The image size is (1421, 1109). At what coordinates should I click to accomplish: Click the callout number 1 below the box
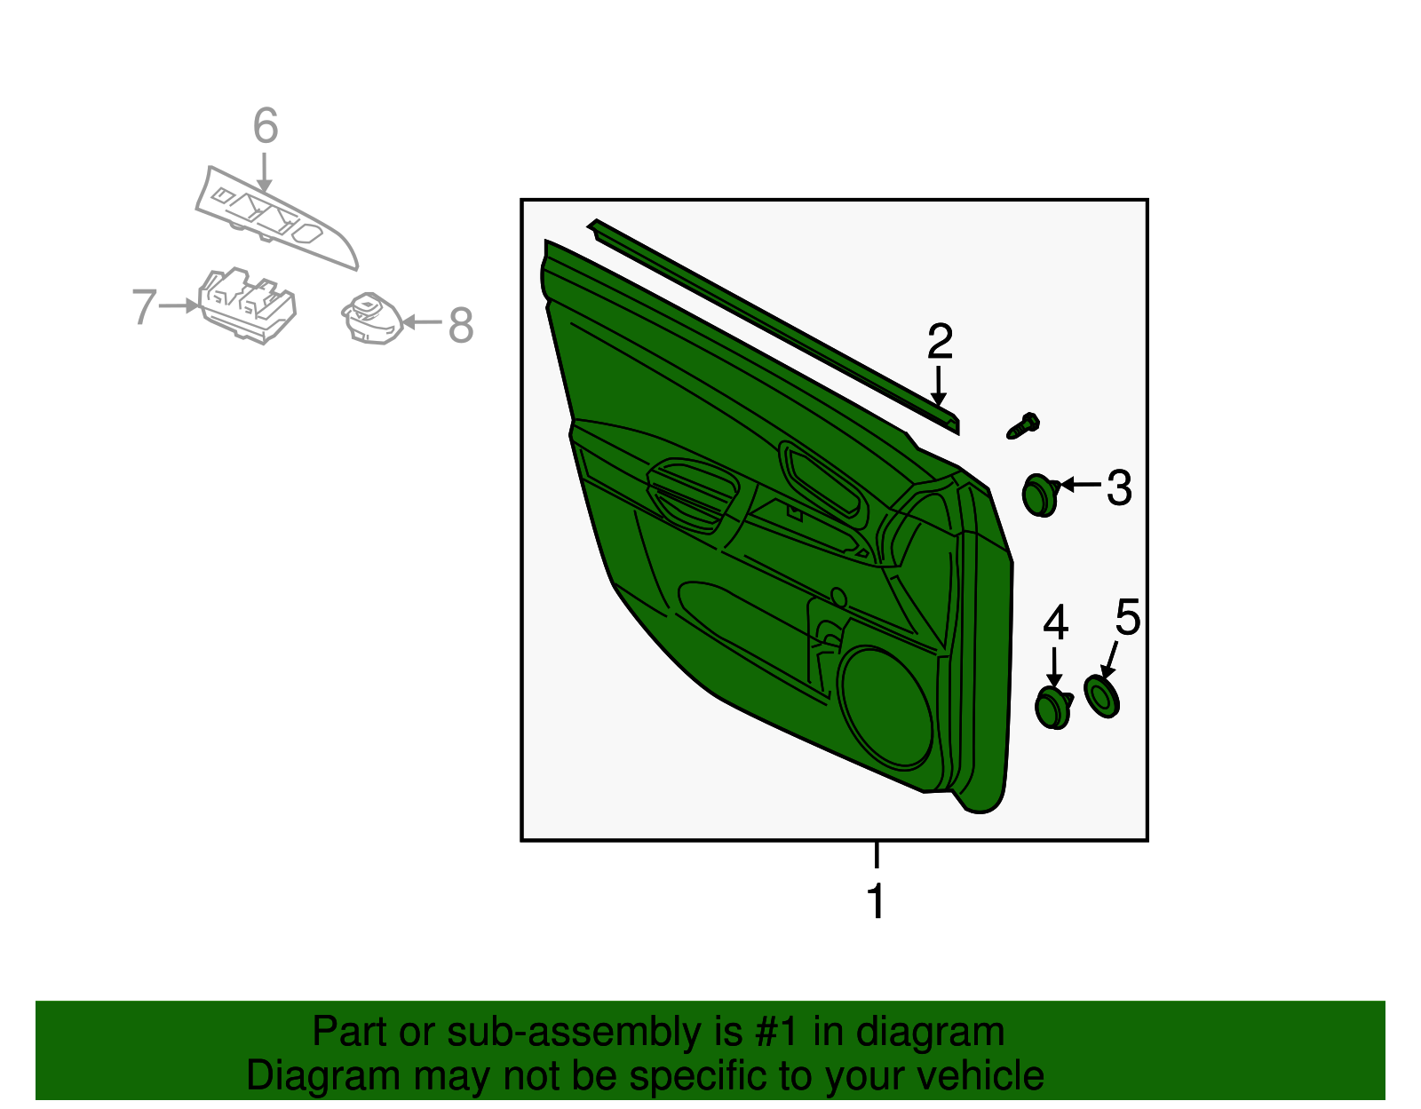click(876, 901)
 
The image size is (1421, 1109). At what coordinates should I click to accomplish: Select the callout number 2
click(940, 342)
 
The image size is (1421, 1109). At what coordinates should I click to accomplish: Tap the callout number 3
click(1119, 488)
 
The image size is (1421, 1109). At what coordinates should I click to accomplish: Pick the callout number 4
click(1055, 623)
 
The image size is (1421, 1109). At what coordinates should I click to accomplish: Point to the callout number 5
click(1127, 617)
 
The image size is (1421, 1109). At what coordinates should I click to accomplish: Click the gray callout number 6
click(266, 126)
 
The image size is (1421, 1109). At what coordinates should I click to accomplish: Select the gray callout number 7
click(144, 307)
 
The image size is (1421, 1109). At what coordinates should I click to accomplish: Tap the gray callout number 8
click(460, 325)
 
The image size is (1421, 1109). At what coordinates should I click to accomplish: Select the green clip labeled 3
click(1038, 495)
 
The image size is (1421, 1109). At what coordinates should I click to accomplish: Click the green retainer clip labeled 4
click(1053, 708)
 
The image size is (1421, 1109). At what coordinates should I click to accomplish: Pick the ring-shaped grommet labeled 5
click(1102, 695)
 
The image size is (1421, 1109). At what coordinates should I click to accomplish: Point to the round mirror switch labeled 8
click(372, 318)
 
